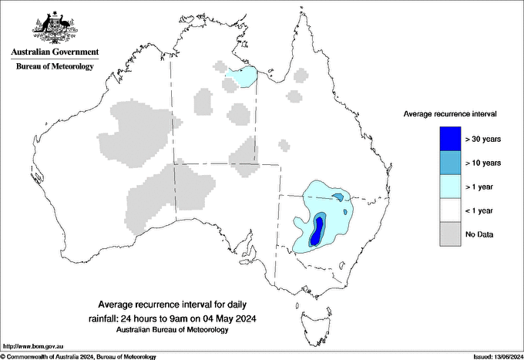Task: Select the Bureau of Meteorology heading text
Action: point(55,66)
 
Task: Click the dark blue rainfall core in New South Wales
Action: point(317,228)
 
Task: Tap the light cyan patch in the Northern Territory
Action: point(242,77)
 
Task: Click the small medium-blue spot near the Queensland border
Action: point(337,197)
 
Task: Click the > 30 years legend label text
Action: point(483,139)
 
